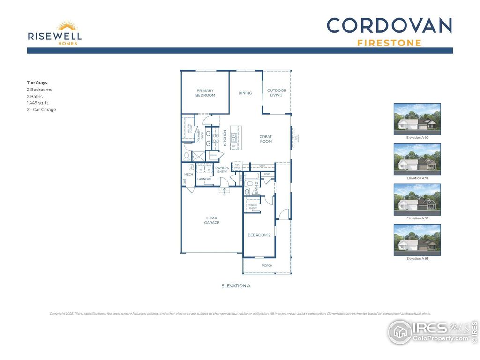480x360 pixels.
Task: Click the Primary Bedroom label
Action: (x=205, y=93)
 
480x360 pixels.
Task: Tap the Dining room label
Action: (x=245, y=93)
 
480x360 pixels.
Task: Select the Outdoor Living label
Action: (x=277, y=93)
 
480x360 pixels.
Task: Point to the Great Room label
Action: (x=266, y=139)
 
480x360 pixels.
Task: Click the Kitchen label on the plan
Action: (x=225, y=138)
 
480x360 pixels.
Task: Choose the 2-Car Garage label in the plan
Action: (x=212, y=220)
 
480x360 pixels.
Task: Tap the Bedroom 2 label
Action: (x=259, y=235)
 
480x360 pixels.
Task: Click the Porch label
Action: (x=267, y=266)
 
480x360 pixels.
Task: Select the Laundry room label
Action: (x=204, y=179)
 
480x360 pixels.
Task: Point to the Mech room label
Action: (x=188, y=175)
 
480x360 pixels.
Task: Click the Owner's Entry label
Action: (x=222, y=170)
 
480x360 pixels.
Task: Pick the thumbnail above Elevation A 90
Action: (x=417, y=119)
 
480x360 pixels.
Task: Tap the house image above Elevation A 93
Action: (x=417, y=240)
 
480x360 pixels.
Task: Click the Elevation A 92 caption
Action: (x=417, y=218)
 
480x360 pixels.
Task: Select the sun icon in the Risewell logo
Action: (x=67, y=26)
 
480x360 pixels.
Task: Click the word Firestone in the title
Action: (x=389, y=43)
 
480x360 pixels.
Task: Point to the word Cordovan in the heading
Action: (x=389, y=25)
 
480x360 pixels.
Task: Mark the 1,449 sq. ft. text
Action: (x=38, y=103)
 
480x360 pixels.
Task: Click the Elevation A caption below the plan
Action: (x=236, y=285)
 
